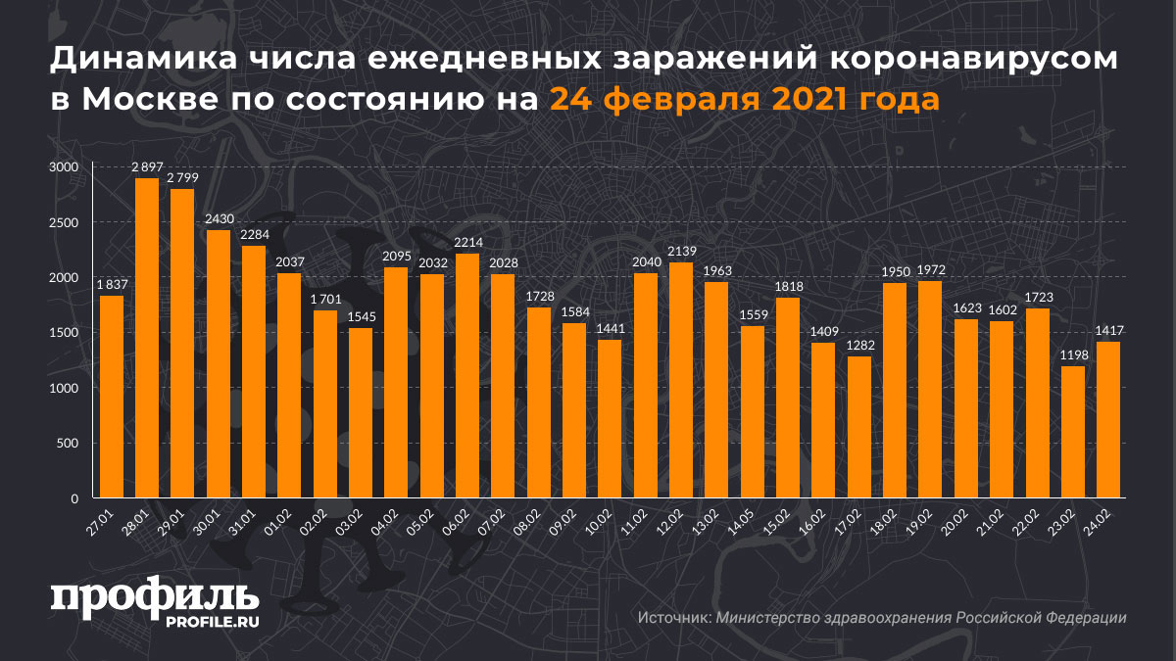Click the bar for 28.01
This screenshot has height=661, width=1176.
point(146,338)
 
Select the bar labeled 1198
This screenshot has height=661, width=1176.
point(1072,432)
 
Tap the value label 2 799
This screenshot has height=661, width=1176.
point(181,177)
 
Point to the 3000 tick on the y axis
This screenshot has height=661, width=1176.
point(63,167)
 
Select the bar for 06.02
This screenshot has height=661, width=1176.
point(466,376)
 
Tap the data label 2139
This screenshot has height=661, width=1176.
point(680,251)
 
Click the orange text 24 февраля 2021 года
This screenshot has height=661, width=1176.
point(743,99)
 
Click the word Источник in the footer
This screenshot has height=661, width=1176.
point(673,618)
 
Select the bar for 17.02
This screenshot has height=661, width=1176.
point(858,427)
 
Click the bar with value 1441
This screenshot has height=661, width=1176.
point(610,419)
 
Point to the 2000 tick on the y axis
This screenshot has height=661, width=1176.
point(63,278)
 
